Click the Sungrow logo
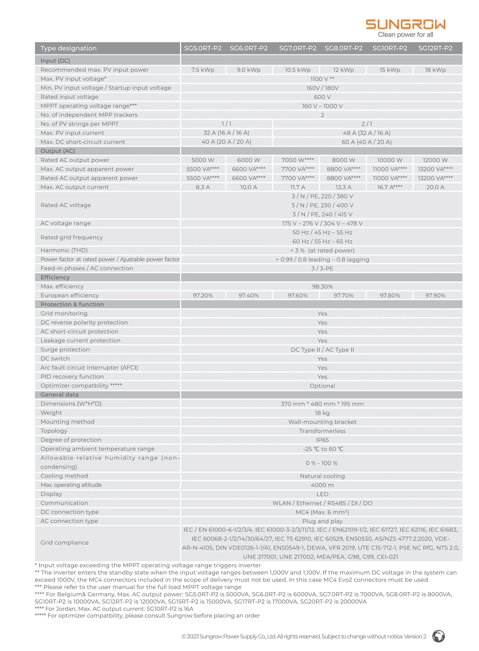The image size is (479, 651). pos(405,24)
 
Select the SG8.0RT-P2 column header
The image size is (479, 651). pos(343,48)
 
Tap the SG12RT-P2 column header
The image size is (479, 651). pos(435,48)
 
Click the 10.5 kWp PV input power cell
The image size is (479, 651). pos(298,70)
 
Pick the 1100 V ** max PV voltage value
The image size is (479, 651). pos(322,79)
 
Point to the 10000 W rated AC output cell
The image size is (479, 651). pos(389,160)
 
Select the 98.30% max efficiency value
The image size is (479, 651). pos(322,286)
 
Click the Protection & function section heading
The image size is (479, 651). pos(72,304)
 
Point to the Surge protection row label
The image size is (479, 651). pos(65,349)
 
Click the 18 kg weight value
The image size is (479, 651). pos(322,413)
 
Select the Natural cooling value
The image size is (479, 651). pos(322,476)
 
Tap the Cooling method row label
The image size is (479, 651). pos(64,476)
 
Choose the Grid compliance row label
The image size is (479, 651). pos(65,542)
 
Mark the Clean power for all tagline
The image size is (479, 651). pos(405,35)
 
